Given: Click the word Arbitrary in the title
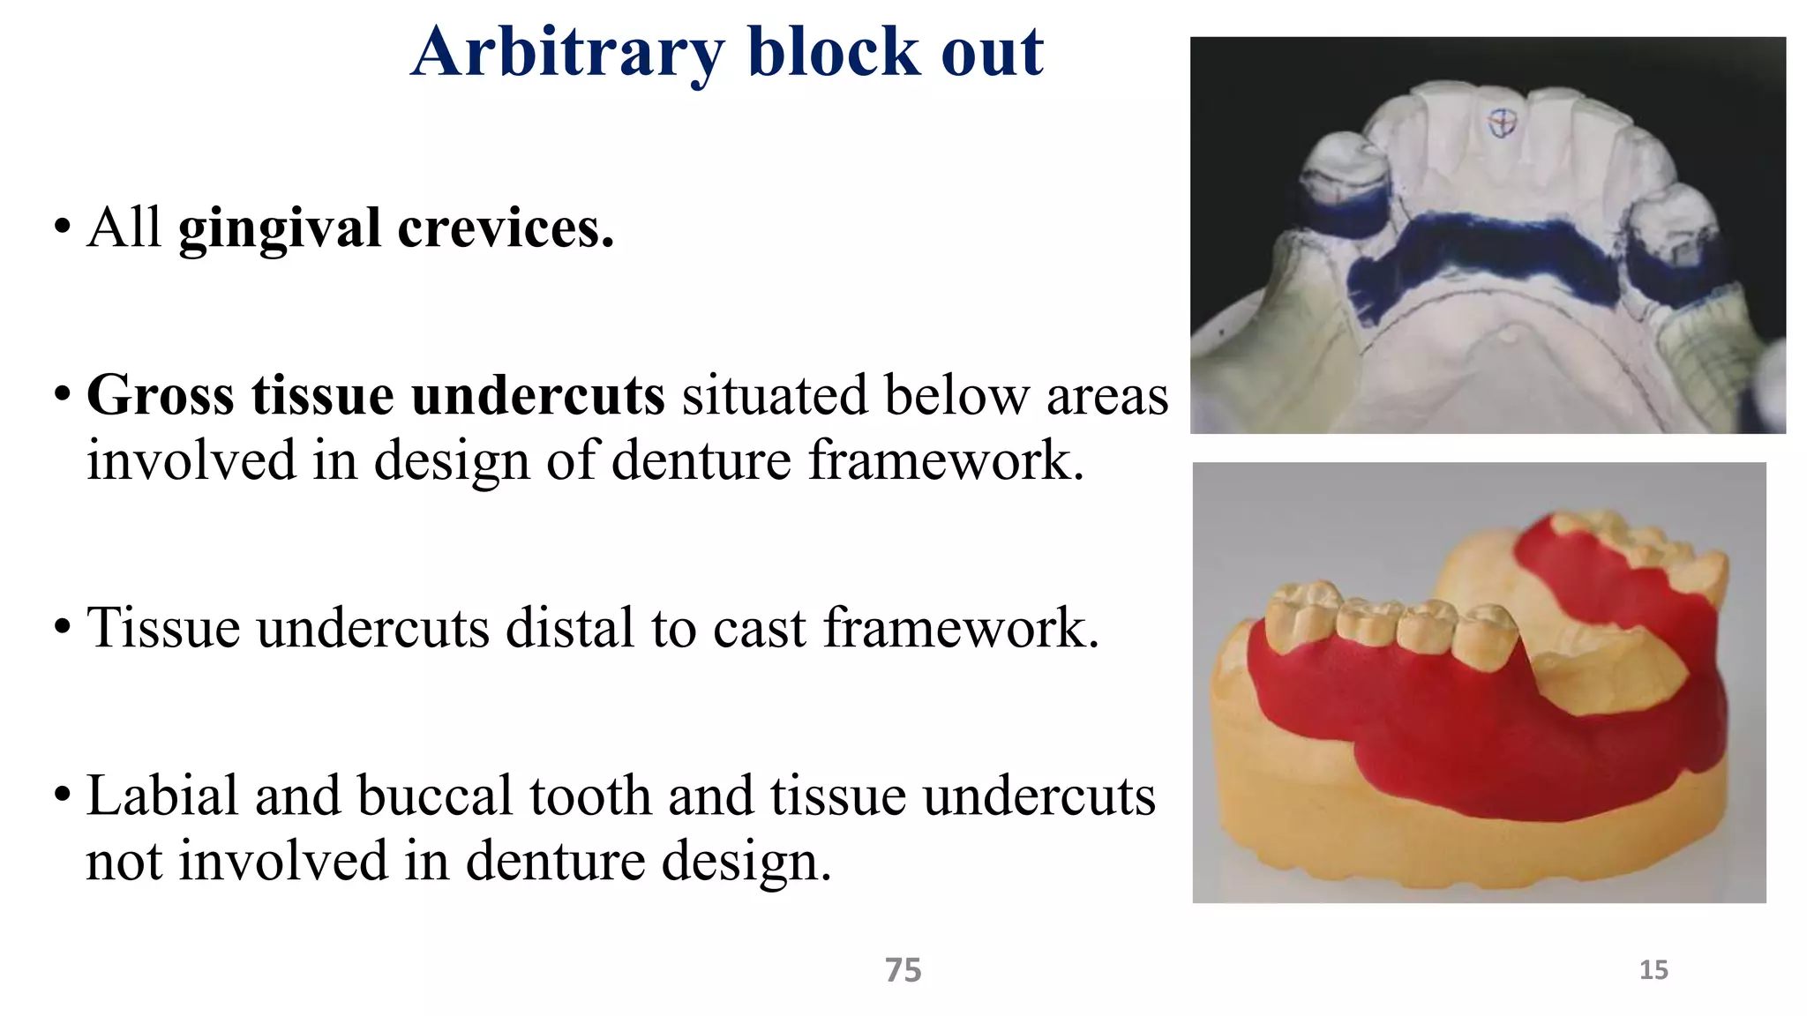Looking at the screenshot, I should (566, 53).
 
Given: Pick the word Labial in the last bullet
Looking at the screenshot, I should (162, 796).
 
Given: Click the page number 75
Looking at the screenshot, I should (903, 970).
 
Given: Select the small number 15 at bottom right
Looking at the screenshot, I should (1653, 970).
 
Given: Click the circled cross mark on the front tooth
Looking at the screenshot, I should (1501, 123).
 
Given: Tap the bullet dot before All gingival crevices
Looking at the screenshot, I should (62, 227).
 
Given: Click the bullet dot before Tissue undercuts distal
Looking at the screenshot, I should (62, 627).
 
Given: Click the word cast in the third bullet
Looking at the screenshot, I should (760, 628).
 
